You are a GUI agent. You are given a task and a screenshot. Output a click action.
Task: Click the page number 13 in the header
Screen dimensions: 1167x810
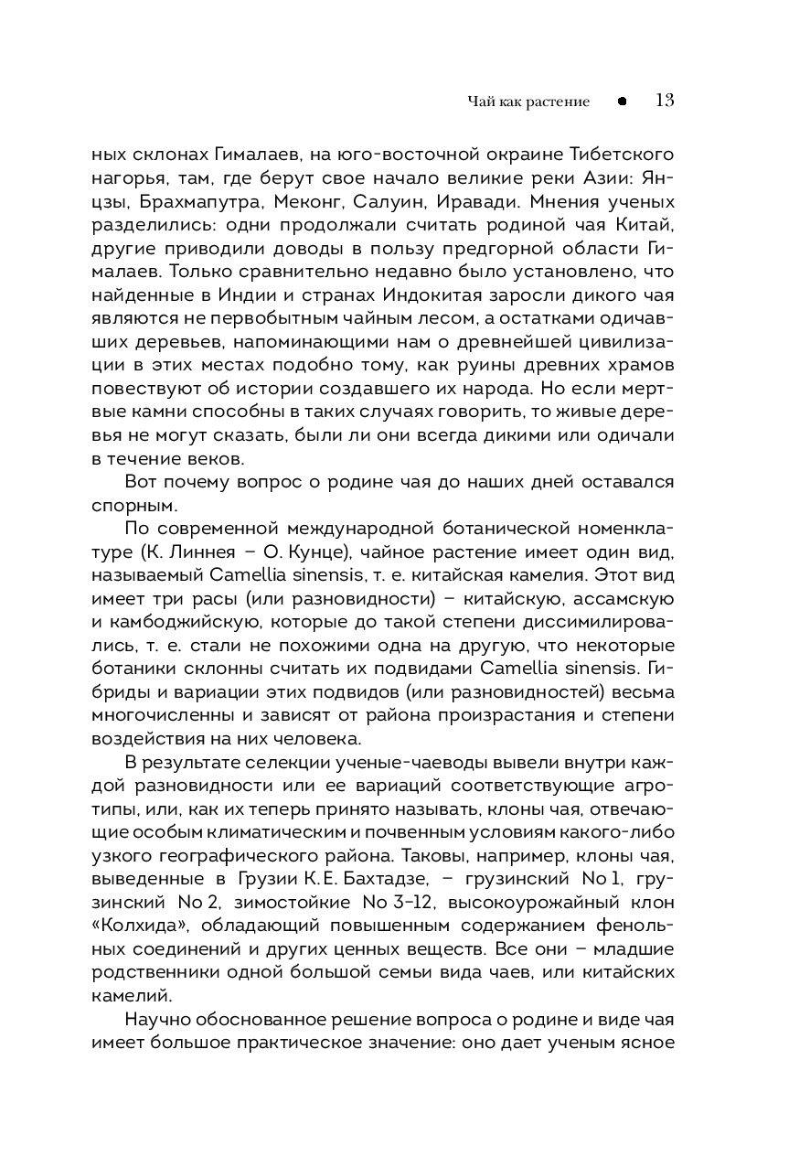(665, 101)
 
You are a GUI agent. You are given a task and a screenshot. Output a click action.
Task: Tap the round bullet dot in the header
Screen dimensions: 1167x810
(622, 102)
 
